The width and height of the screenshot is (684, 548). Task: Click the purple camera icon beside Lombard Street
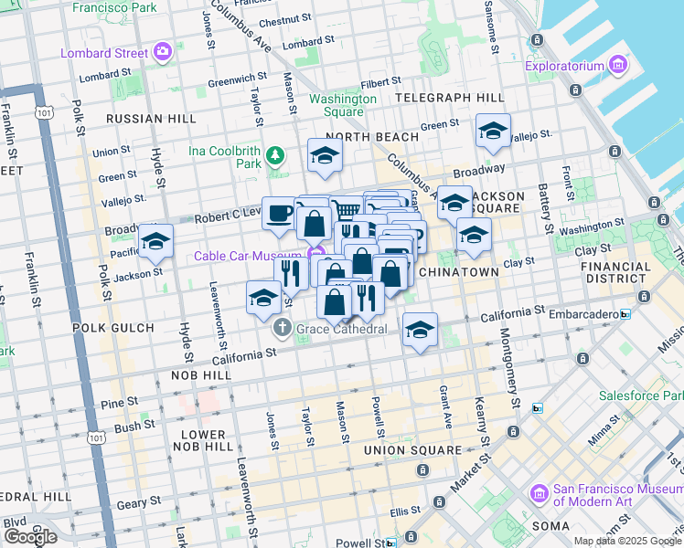164,52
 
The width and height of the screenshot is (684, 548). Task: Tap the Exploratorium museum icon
619,65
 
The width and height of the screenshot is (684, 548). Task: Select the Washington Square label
343,105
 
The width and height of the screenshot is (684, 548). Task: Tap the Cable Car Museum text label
247,256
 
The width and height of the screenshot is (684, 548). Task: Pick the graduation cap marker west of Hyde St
156,241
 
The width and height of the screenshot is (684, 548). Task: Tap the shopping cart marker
346,211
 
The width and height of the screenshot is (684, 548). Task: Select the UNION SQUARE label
411,450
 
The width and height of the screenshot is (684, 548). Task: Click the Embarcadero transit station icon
625,314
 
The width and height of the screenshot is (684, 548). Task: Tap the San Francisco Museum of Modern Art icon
539,494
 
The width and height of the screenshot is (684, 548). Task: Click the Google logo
30,536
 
